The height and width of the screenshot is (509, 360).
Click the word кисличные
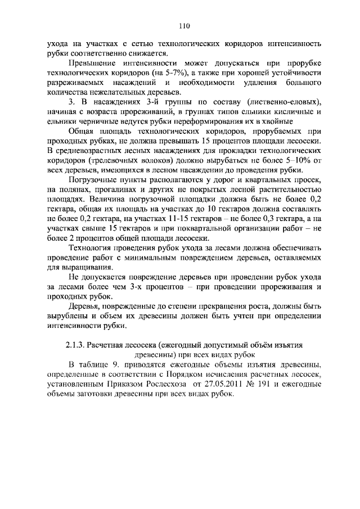[295, 111]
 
